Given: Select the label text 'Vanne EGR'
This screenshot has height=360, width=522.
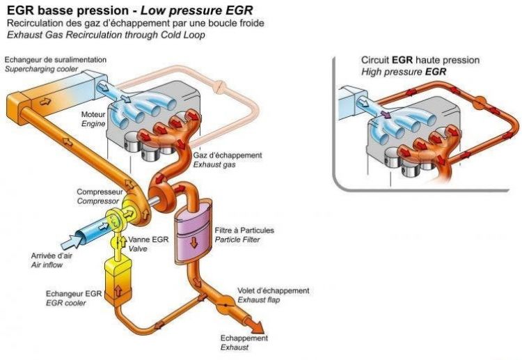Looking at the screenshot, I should point(148,239).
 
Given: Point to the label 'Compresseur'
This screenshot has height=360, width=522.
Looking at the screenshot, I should point(100,191).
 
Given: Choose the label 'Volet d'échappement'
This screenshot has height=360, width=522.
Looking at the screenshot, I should point(274,290).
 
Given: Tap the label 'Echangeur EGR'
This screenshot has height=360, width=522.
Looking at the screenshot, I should point(71,294).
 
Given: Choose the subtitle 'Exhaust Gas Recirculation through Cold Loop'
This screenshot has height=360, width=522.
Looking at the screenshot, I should point(106,34).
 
